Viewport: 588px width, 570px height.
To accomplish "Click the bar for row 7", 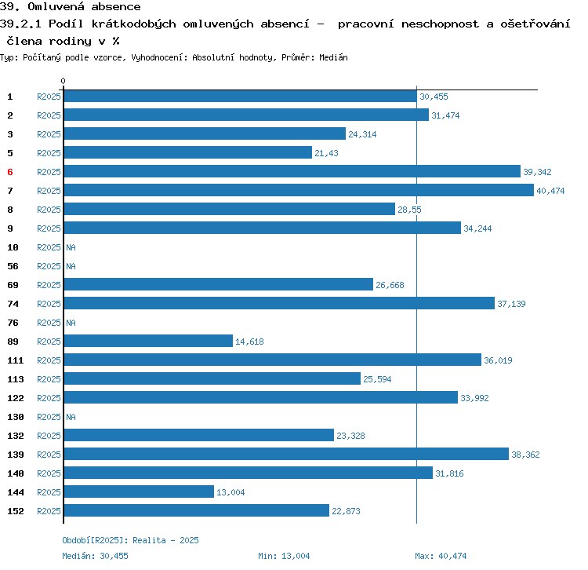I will pyautogui.click(x=298, y=191).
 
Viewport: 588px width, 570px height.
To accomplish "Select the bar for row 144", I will pyautogui.click(x=138, y=492).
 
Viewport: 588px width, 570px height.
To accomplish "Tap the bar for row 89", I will pyautogui.click(x=147, y=342).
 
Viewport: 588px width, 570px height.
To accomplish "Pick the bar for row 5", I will pyautogui.click(x=187, y=153).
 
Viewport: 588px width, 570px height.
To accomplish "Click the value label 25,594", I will pyautogui.click(x=377, y=379).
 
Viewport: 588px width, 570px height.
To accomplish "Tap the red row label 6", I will pyautogui.click(x=10, y=172).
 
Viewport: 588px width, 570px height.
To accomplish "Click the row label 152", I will pyautogui.click(x=15, y=511).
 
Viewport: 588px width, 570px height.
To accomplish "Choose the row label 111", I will pyautogui.click(x=15, y=360).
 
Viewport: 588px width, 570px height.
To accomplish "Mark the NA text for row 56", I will pyautogui.click(x=71, y=266).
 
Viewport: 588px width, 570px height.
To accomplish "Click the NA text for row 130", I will pyautogui.click(x=71, y=417).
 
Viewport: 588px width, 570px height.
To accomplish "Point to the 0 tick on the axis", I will pyautogui.click(x=64, y=82).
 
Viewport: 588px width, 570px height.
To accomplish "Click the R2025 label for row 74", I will pyautogui.click(x=49, y=304).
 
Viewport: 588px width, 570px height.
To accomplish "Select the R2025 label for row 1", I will pyautogui.click(x=49, y=97).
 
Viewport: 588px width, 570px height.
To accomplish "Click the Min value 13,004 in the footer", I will pyautogui.click(x=294, y=556).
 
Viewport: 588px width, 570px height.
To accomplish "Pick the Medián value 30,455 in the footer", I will pyautogui.click(x=113, y=556).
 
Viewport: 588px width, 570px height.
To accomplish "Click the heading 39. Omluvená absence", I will pyautogui.click(x=71, y=7).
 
